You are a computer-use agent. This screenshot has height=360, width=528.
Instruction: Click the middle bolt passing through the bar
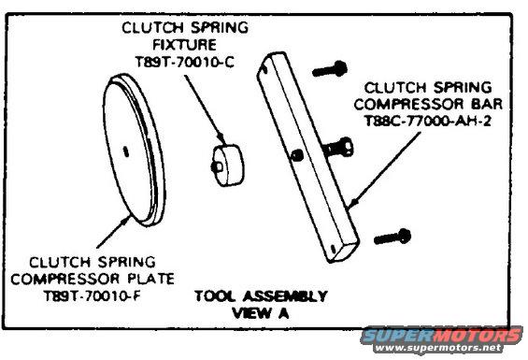click(x=337, y=146)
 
